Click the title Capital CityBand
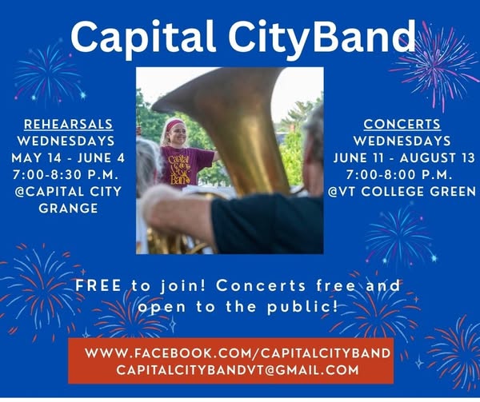pos(242,38)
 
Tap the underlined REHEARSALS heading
pos(69,125)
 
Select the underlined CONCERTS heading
pos(402,124)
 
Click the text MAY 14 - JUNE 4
pos(68,158)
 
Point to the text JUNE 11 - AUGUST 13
pos(404,158)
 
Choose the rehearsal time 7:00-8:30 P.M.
pos(66,175)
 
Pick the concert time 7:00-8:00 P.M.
pos(399,175)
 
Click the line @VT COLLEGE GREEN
pos(402,192)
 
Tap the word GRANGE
pos(68,209)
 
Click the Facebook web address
pos(238,353)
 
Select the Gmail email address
pos(238,370)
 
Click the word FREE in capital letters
pos(98,286)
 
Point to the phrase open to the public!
pos(238,307)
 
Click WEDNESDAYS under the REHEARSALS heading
pos(66,141)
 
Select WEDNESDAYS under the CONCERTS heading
pos(402,141)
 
